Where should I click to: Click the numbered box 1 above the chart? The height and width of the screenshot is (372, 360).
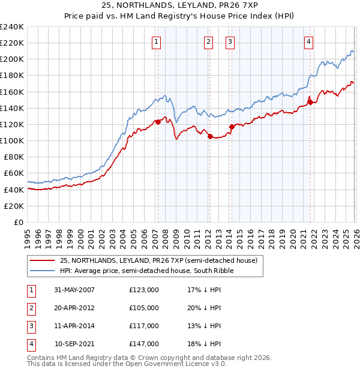click(x=156, y=41)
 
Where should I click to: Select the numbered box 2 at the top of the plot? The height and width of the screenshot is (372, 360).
click(x=208, y=41)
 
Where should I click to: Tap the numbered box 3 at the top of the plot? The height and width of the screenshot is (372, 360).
click(x=230, y=41)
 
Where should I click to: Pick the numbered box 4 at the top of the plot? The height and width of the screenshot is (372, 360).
click(x=308, y=41)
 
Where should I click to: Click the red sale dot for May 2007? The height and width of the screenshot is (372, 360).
click(x=158, y=122)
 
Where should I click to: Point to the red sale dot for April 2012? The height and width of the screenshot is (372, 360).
click(x=210, y=136)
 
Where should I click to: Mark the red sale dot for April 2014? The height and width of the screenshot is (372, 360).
click(x=231, y=127)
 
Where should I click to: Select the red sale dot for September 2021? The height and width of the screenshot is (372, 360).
click(x=310, y=102)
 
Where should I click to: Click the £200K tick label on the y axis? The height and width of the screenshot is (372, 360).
click(x=12, y=59)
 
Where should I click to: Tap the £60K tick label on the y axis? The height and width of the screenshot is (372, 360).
click(x=14, y=173)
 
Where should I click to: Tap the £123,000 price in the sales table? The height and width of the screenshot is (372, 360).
click(x=144, y=289)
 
